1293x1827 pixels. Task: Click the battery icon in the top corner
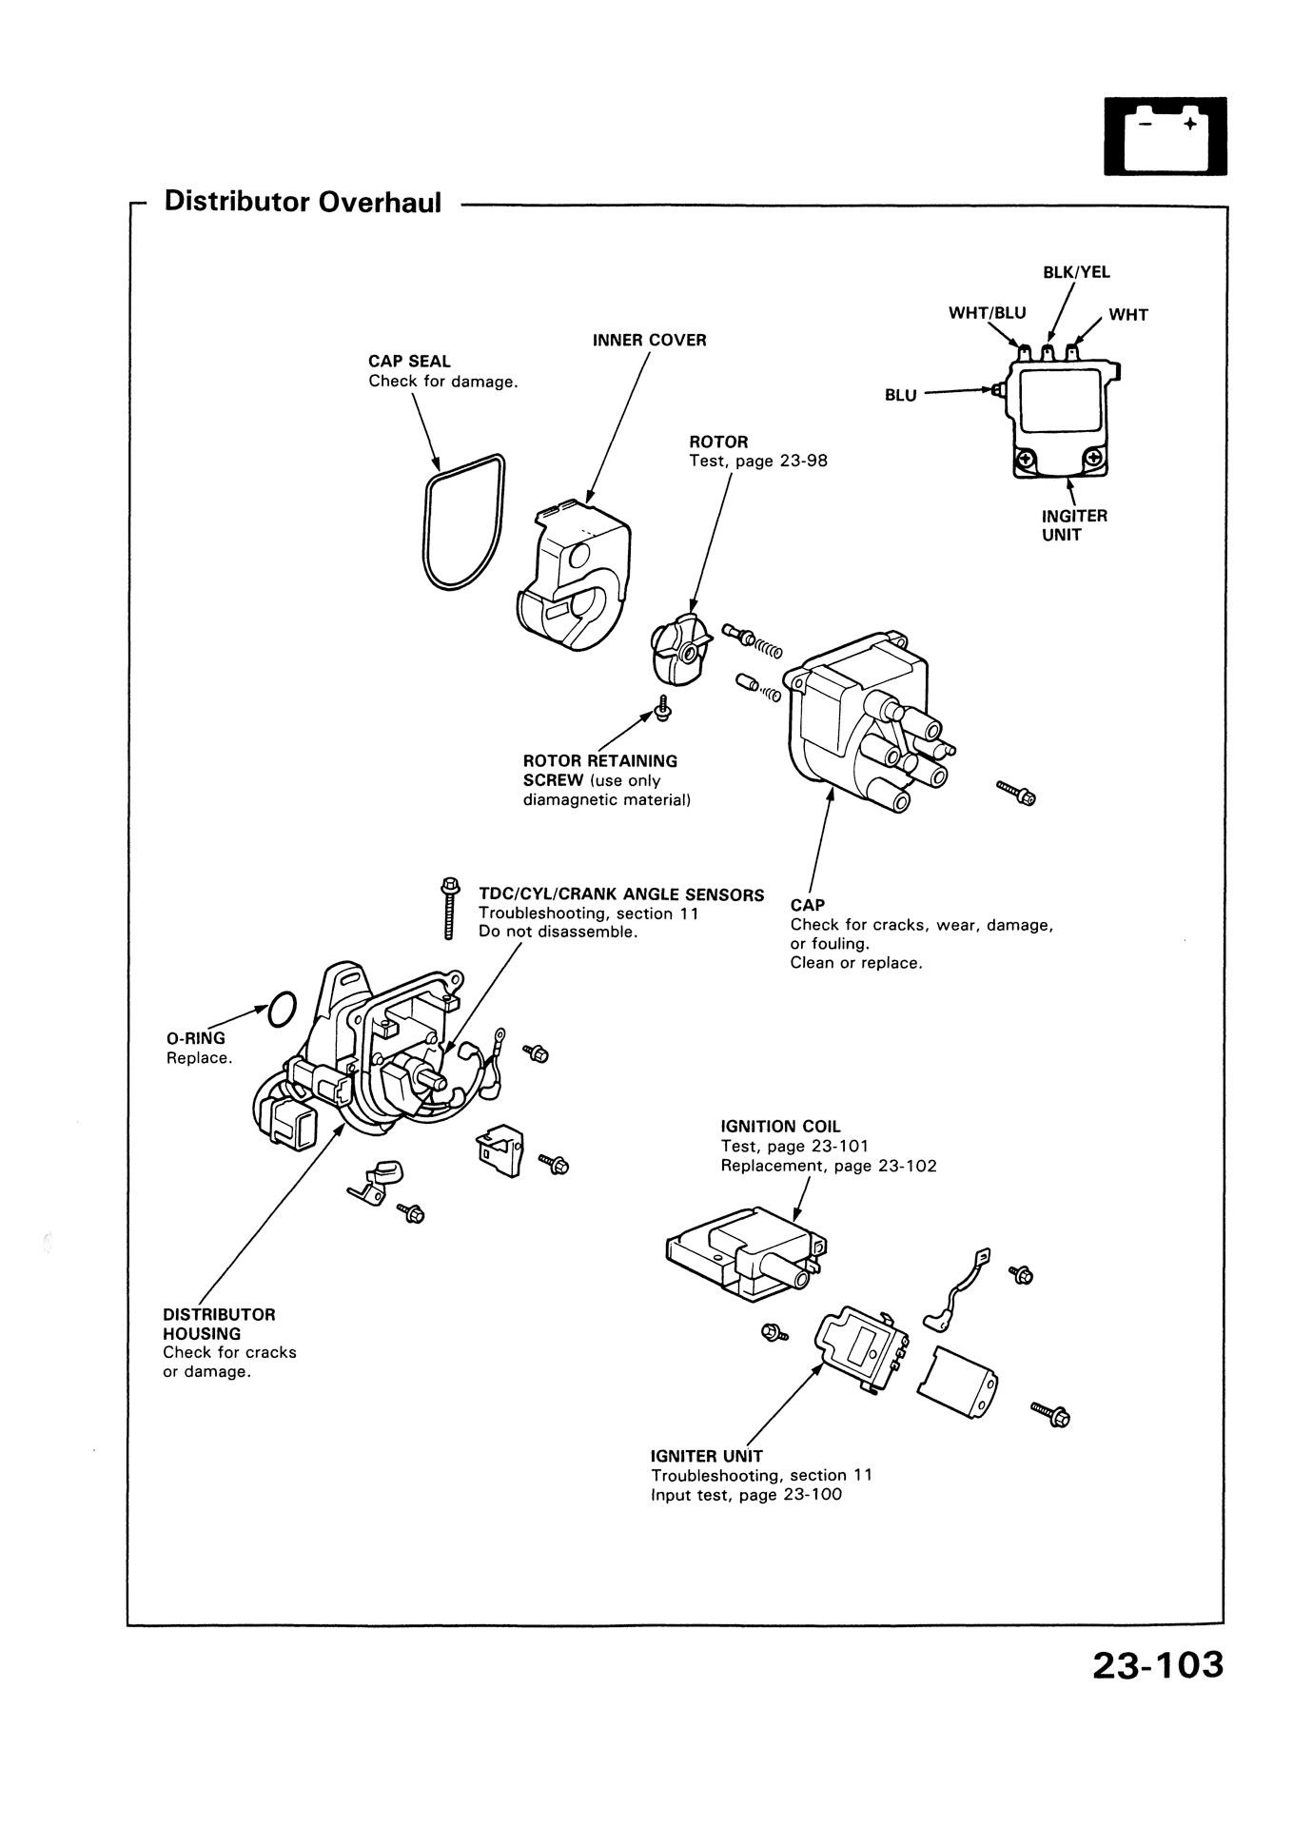(1165, 138)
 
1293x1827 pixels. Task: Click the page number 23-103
(1156, 1691)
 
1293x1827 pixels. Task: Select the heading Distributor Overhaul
(303, 202)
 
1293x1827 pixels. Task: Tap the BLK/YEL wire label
(1076, 272)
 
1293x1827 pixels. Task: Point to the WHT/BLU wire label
(987, 312)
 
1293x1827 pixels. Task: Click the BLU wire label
(900, 395)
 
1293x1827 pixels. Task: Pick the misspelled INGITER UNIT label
(1074, 524)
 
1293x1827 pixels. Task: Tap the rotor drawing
(676, 649)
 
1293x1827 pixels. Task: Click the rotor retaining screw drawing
(662, 707)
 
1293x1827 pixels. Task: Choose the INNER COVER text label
(649, 340)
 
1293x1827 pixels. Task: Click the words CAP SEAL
(409, 362)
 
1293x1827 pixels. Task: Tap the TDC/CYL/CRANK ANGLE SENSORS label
(620, 894)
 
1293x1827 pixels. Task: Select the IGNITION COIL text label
(780, 1127)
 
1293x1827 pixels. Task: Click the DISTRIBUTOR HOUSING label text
(218, 1324)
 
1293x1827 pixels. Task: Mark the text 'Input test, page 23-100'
(746, 1494)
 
